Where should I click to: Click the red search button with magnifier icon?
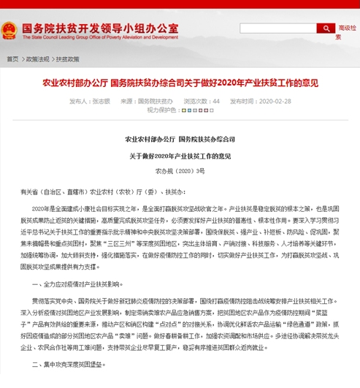326,28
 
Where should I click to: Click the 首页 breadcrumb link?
13,59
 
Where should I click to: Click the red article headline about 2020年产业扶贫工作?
180,84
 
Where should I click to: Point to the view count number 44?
216,102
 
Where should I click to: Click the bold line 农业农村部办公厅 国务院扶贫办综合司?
180,139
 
